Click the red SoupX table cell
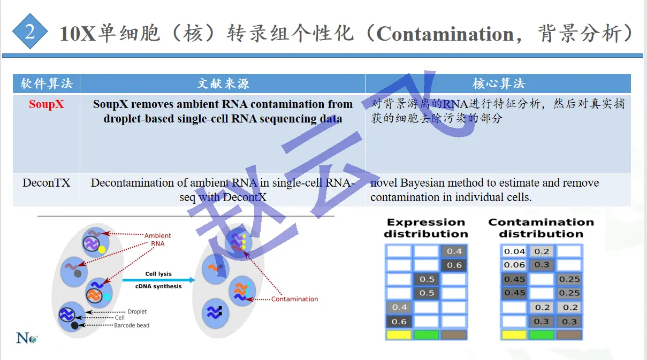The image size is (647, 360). pos(46,104)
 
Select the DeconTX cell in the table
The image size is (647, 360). pos(46,183)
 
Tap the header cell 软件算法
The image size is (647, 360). pos(46,84)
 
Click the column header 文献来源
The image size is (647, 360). pos(223,84)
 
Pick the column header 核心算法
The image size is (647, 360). pos(498,84)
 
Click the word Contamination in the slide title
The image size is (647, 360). pos(444,34)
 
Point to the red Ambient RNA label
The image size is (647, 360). pos(157,239)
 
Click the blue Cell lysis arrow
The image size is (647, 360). pos(158,280)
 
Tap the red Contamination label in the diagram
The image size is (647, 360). pos(294,299)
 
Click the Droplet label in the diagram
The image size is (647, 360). pos(137,312)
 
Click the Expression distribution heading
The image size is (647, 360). pos(425,228)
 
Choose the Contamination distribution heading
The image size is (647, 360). pos(541,228)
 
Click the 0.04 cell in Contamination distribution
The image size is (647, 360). pos(514,251)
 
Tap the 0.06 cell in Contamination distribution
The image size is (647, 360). pos(514,265)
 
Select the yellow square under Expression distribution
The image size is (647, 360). pos(399,335)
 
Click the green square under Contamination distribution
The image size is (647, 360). pos(542,335)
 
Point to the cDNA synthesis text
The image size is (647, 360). pos(158,286)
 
